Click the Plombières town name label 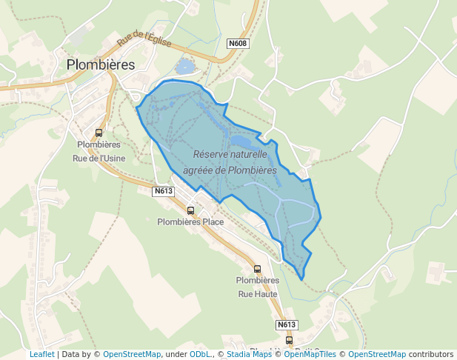[101, 64]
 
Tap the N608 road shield [238, 43]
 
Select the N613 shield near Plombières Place [164, 191]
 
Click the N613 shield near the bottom [287, 324]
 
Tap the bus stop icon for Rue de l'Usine [99, 133]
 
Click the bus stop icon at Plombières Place [190, 210]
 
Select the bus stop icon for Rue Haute [257, 269]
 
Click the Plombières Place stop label [190, 221]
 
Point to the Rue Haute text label [257, 293]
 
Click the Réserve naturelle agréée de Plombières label [230, 162]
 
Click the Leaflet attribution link [41, 354]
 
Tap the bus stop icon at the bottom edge [289, 341]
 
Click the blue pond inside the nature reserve [242, 139]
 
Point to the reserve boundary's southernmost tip [303, 279]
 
